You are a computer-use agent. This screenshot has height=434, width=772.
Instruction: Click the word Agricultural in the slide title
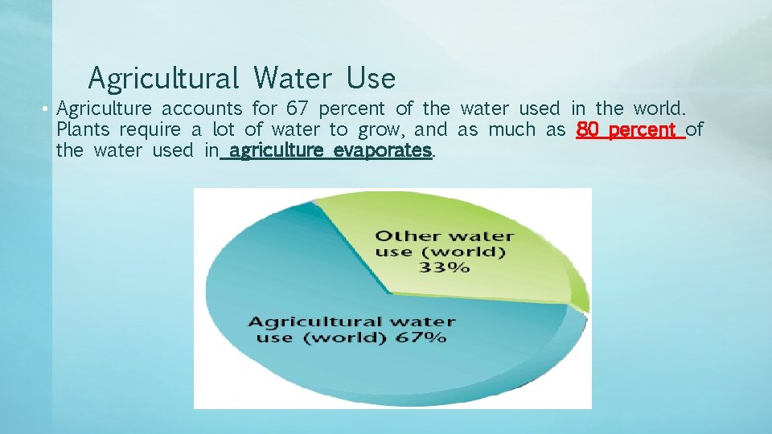pos(163,79)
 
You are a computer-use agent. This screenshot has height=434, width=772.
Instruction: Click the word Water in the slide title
pos(292,79)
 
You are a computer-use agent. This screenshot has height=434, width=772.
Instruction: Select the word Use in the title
pos(372,79)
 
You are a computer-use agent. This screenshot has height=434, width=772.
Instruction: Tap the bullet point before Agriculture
pos(48,109)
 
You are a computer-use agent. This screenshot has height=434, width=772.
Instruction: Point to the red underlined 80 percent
pos(630,129)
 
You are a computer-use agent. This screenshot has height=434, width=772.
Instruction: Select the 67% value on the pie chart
pos(421,338)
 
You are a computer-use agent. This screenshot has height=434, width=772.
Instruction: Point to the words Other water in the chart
pos(444,235)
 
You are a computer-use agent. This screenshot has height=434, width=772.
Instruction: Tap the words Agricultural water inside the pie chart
pos(351,321)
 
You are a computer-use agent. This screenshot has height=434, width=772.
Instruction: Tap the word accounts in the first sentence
pos(201,108)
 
